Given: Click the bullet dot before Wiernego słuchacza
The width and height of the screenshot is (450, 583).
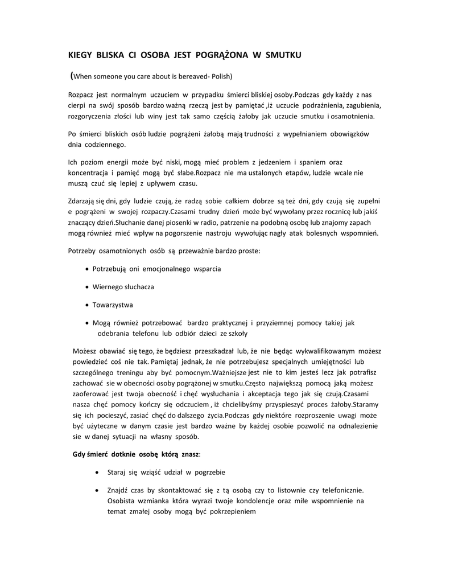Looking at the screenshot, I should click(86, 287).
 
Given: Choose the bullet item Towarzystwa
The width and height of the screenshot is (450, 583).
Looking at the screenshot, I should click(113, 305).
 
